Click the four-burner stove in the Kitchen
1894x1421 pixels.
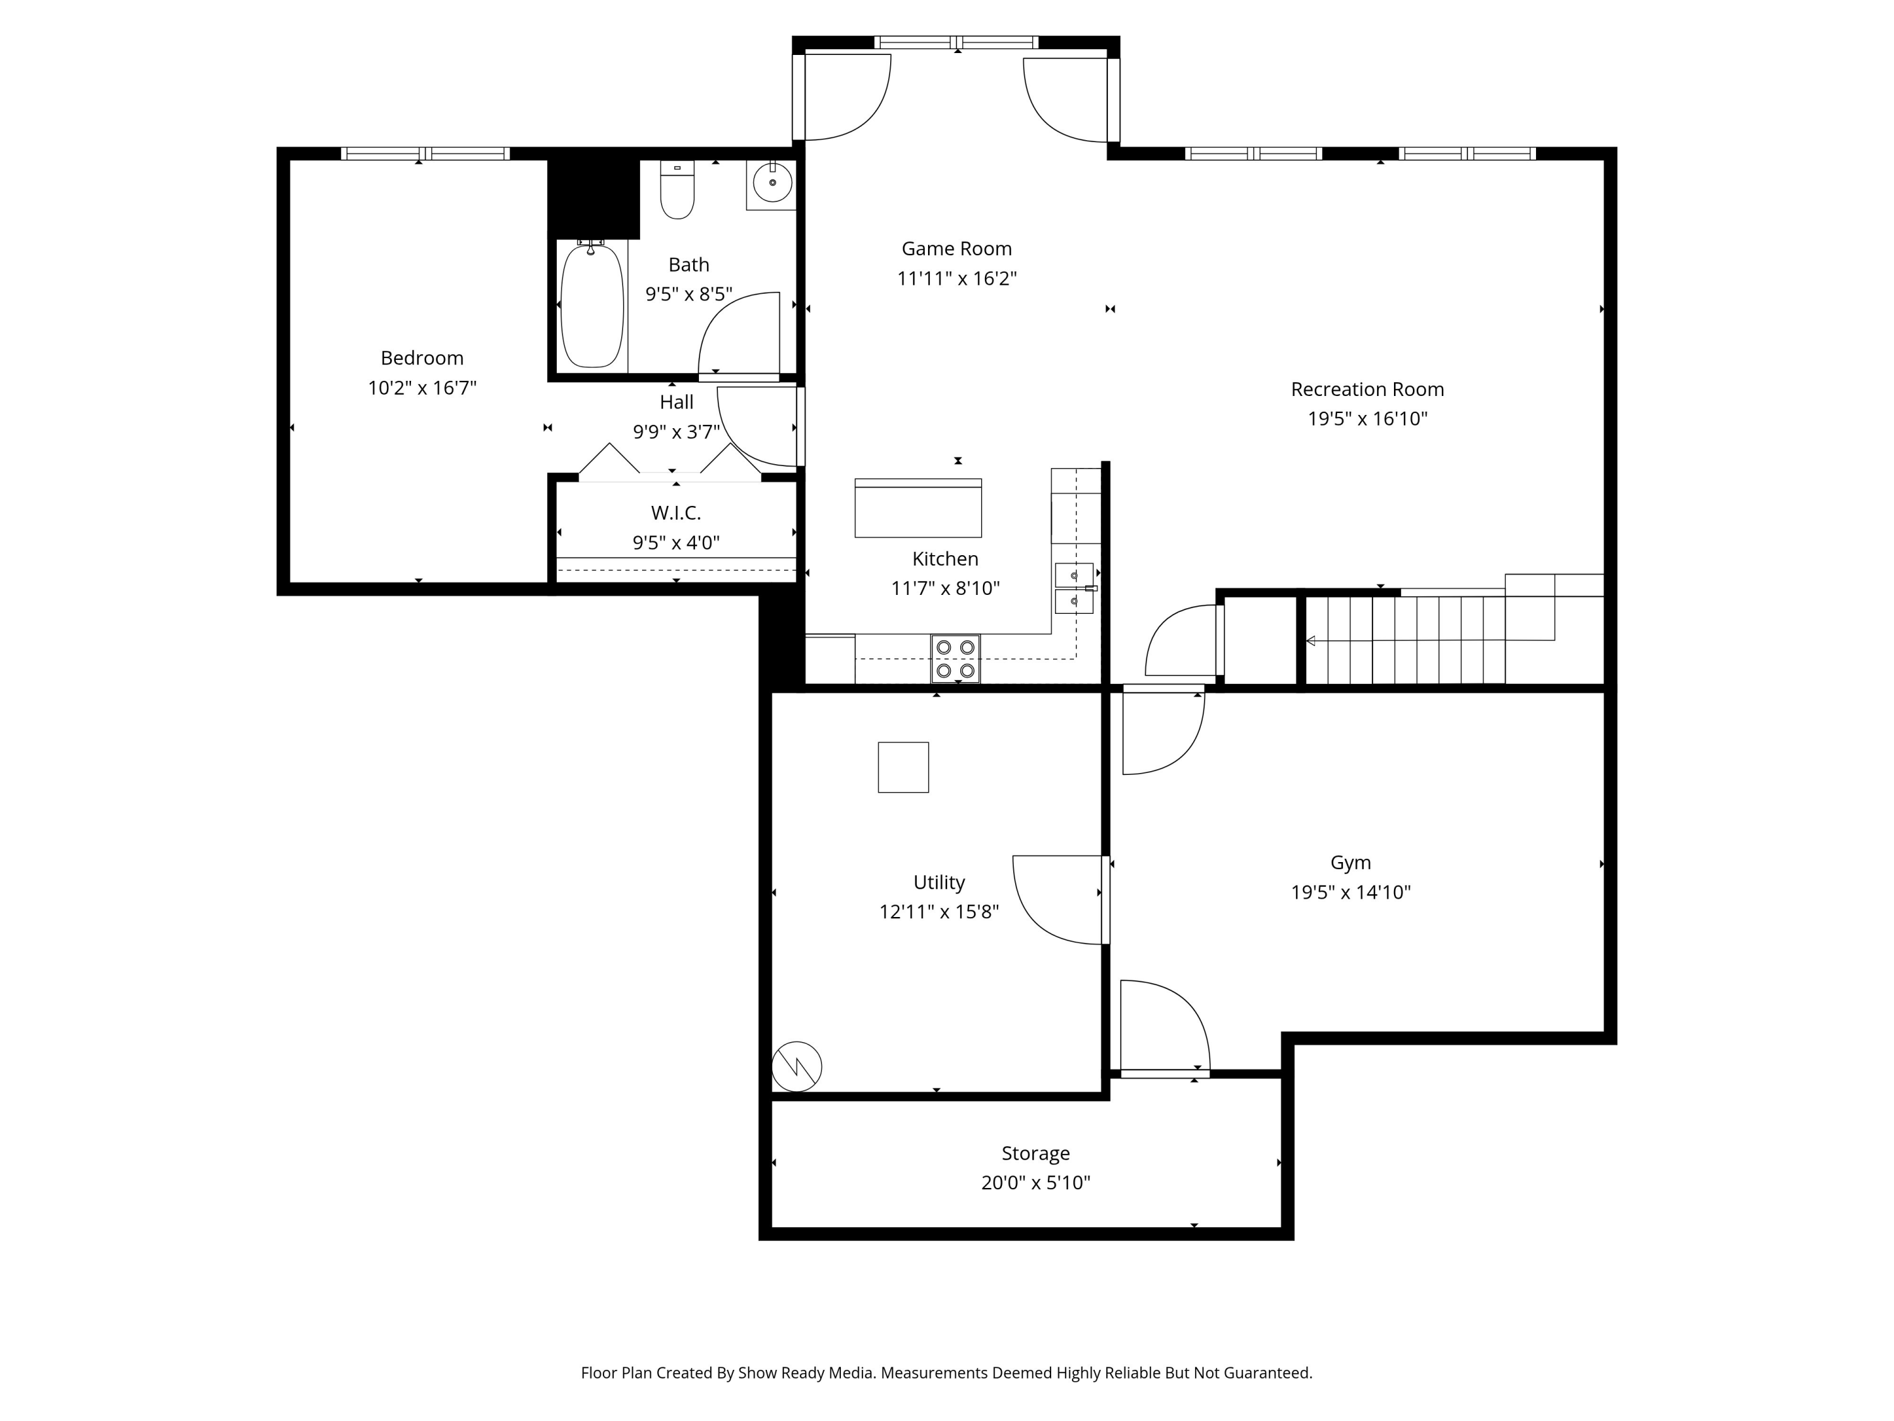(956, 659)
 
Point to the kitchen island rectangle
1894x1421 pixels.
(918, 509)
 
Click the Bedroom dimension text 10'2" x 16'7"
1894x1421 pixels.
(422, 388)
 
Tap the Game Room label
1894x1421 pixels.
(956, 248)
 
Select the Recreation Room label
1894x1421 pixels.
(1367, 389)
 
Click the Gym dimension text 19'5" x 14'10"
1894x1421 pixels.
(1350, 892)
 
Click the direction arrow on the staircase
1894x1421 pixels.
(1311, 640)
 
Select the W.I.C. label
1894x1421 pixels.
(676, 513)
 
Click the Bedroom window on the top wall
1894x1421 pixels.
(426, 154)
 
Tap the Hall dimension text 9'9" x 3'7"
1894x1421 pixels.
(676, 432)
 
